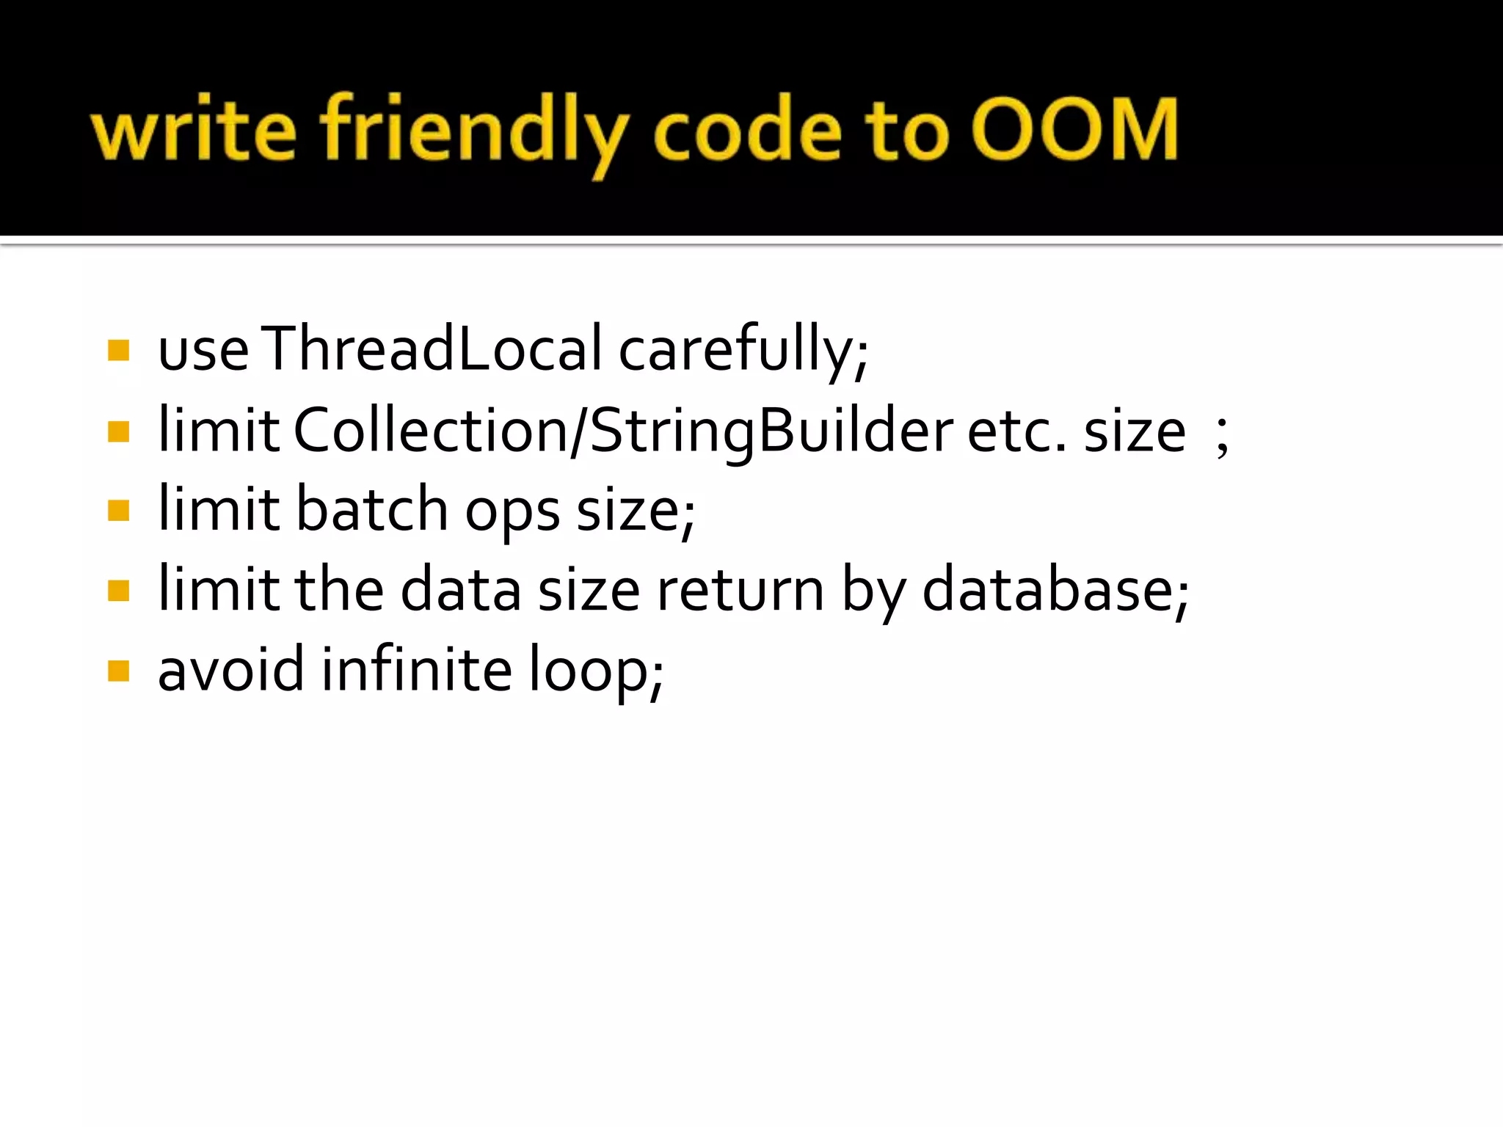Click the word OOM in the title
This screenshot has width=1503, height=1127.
[1075, 130]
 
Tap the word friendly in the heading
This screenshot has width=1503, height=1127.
[474, 132]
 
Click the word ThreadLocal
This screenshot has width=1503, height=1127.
[432, 349]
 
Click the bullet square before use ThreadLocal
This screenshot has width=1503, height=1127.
[118, 351]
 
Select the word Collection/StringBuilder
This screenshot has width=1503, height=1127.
[623, 431]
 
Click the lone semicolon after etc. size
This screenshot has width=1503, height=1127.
[1222, 438]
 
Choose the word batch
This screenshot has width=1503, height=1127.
[372, 509]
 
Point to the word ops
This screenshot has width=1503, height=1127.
[512, 514]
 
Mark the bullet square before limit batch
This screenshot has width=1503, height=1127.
[118, 510]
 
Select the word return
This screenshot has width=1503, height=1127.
[740, 591]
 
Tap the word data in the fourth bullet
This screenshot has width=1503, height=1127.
[461, 590]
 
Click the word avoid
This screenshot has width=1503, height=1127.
[230, 669]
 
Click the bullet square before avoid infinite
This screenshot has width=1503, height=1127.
[118, 671]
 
